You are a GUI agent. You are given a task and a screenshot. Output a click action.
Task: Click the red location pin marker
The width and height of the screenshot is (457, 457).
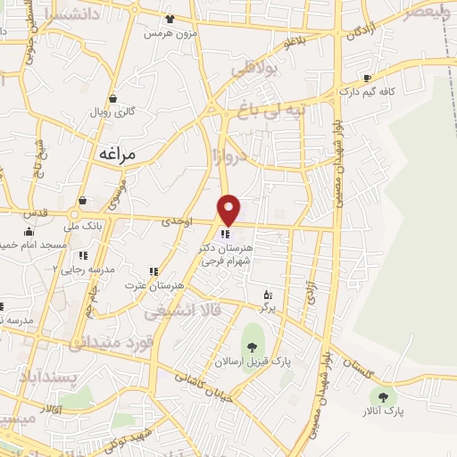pyautogui.click(x=229, y=210)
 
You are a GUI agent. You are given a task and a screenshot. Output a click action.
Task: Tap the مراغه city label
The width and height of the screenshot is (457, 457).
pyautogui.click(x=115, y=154)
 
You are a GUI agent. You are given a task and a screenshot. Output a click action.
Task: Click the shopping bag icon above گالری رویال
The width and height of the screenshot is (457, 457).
pyautogui.click(x=113, y=98)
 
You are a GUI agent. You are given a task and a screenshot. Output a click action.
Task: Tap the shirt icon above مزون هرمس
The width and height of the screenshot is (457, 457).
pyautogui.click(x=170, y=18)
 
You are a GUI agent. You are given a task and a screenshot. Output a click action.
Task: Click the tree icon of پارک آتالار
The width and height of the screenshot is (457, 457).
pyautogui.click(x=385, y=397)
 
